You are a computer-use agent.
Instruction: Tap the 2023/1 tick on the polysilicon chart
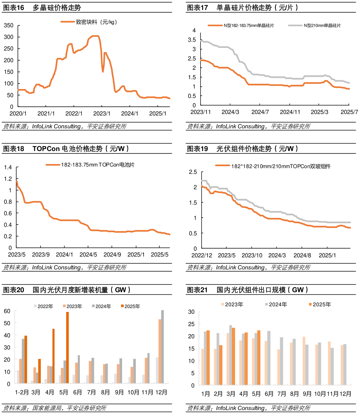click(x=102, y=114)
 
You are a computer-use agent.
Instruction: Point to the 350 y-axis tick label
click(x=9, y=25)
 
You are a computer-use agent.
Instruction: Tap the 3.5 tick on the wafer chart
click(x=192, y=40)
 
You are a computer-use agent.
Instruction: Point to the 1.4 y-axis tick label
click(x=8, y=167)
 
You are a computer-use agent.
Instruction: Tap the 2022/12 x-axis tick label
click(x=202, y=255)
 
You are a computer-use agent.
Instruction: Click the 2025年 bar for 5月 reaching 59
click(x=68, y=347)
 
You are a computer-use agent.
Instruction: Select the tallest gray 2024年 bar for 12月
click(x=163, y=346)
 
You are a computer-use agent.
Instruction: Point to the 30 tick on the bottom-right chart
click(x=191, y=312)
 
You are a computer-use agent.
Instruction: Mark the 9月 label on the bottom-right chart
click(x=307, y=394)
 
